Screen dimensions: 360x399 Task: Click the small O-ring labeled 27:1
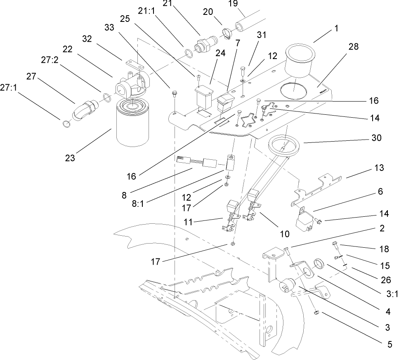pos(65,123)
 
